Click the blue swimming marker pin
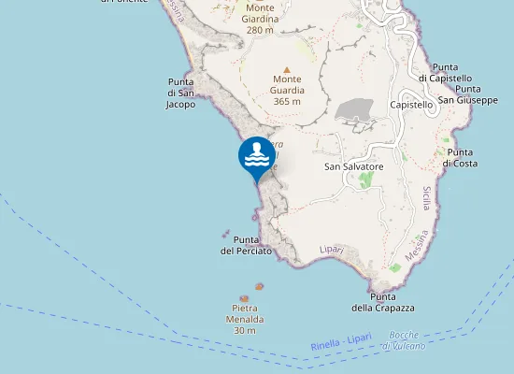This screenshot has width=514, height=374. [x=257, y=156]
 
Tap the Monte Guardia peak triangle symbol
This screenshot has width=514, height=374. [x=287, y=69]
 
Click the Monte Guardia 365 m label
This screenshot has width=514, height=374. [x=287, y=90]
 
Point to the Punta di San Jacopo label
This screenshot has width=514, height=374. [x=180, y=93]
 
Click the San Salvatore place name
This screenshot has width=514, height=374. [x=354, y=166]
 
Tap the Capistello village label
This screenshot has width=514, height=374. [x=411, y=105]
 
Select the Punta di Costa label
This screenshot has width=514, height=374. [x=460, y=157]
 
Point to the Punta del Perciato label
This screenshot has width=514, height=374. [x=246, y=245]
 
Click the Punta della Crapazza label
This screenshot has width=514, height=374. [x=383, y=302]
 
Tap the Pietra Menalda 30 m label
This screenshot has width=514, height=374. [x=245, y=319]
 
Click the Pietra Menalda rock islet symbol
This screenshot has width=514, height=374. [x=245, y=298]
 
